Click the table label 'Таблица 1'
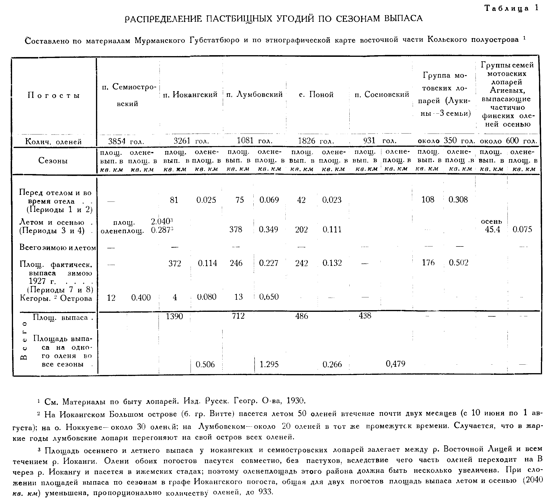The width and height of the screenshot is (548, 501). tap(511, 8)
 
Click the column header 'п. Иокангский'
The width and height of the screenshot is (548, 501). tap(190, 94)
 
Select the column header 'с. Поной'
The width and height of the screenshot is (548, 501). tap(316, 94)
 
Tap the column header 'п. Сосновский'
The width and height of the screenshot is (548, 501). tap(382, 94)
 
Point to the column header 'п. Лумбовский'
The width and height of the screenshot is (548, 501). tap(254, 94)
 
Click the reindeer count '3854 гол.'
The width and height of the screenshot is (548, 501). tap(126, 141)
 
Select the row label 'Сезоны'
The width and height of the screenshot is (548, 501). tap(53, 161)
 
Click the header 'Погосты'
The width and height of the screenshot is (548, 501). tap(54, 95)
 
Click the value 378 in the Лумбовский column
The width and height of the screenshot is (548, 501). tap(235, 229)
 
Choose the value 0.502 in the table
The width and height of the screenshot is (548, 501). tap(458, 263)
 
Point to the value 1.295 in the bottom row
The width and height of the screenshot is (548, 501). tap(269, 364)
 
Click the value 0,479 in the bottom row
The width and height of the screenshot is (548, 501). tap(396, 364)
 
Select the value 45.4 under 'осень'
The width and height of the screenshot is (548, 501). tap(492, 230)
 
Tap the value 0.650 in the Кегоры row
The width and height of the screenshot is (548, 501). tap(269, 297)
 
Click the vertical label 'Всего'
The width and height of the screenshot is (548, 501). tap(24, 340)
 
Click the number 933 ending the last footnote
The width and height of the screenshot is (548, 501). tap(265, 492)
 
